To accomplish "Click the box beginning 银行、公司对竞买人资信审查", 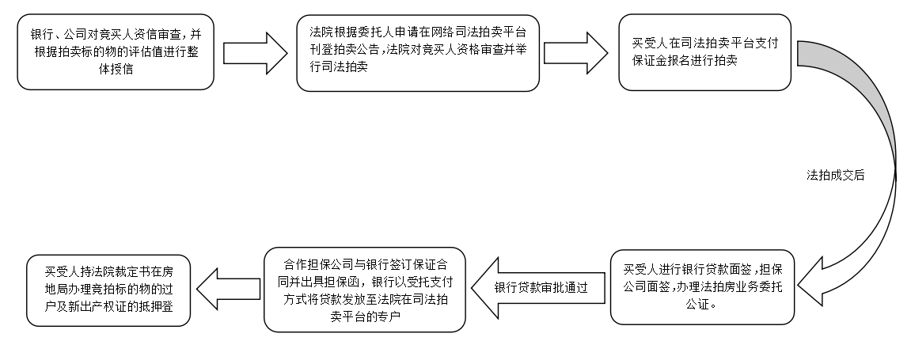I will [116, 52].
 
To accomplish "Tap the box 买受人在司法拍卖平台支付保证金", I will [704, 51].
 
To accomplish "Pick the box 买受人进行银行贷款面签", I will [703, 286].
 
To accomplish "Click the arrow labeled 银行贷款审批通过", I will [538, 287].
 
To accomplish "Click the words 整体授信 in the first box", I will [116, 70].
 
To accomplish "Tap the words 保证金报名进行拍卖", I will [684, 61].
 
